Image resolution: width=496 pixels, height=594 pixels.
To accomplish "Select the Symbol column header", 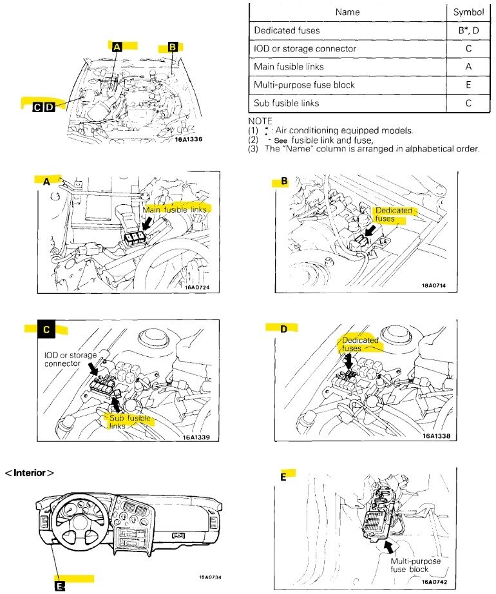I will point(468,12).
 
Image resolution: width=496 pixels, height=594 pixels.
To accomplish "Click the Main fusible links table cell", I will point(289,66).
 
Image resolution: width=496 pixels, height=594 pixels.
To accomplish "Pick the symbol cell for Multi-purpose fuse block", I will point(468,84).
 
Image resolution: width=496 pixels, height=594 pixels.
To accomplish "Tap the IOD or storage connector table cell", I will point(305,48).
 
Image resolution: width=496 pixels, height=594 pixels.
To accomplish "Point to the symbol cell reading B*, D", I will point(468,30).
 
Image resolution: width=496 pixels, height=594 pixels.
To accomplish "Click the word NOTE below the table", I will point(261,121).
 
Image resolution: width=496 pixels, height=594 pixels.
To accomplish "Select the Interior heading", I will point(30,472).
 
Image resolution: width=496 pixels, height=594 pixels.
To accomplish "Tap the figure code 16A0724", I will point(197,288).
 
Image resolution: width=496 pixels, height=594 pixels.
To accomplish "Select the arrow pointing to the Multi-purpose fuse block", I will point(389,546).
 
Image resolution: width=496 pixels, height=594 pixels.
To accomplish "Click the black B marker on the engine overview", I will point(172,46).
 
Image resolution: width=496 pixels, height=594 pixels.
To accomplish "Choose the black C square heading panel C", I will point(46,329).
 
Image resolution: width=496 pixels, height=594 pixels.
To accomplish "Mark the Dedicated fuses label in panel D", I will point(359,344).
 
